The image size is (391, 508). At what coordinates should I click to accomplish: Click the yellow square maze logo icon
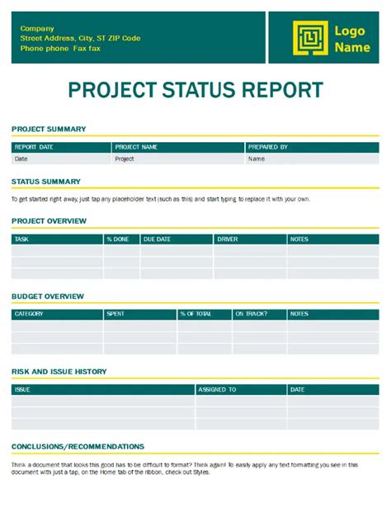pyautogui.click(x=309, y=38)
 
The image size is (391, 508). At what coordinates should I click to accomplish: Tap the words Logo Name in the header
pyautogui.click(x=351, y=39)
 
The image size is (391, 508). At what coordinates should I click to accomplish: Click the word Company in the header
pyautogui.click(x=37, y=28)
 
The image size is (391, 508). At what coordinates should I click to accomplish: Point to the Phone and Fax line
pyautogui.click(x=62, y=49)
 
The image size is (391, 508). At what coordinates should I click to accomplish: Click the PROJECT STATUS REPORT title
pyautogui.click(x=195, y=90)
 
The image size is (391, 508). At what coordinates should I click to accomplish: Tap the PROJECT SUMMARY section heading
pyautogui.click(x=49, y=129)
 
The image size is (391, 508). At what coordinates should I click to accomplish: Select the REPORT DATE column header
pyautogui.click(x=34, y=147)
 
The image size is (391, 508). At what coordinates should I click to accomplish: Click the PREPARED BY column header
pyautogui.click(x=268, y=147)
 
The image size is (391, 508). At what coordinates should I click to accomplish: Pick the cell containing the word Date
pyautogui.click(x=21, y=159)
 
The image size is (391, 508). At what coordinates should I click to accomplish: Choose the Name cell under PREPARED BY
pyautogui.click(x=257, y=159)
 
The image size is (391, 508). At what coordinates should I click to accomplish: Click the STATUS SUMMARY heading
pyautogui.click(x=46, y=181)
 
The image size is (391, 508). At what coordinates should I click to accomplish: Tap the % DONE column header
pyautogui.click(x=117, y=240)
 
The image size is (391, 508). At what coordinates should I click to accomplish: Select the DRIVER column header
pyautogui.click(x=227, y=240)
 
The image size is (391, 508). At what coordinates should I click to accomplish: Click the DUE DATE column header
pyautogui.click(x=157, y=240)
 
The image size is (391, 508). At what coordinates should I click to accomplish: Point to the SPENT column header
pyautogui.click(x=115, y=314)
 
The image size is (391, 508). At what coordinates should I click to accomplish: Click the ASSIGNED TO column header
pyautogui.click(x=217, y=389)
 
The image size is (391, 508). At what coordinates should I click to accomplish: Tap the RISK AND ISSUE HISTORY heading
pyautogui.click(x=59, y=372)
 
